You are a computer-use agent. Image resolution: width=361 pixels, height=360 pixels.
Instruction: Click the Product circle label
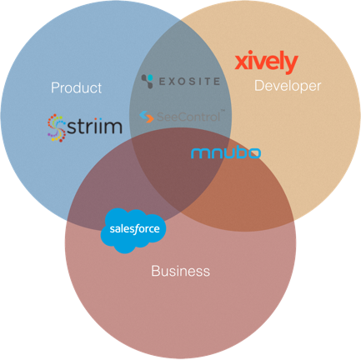[x=76, y=87]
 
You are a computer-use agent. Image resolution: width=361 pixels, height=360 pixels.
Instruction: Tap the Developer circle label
[x=288, y=86]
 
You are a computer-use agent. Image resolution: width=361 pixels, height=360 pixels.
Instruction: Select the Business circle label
[x=180, y=271]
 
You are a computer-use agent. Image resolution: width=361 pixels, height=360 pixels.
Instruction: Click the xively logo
[x=266, y=62]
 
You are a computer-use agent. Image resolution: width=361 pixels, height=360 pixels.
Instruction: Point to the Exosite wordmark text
[x=189, y=81]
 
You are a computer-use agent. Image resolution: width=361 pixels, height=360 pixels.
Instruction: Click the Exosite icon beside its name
[x=148, y=81]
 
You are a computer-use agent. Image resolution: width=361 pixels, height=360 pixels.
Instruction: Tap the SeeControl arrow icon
[x=147, y=117]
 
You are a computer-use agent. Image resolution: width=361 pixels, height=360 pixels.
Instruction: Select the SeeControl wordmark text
[x=189, y=117]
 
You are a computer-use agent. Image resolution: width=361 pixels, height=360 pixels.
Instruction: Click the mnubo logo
[x=226, y=153]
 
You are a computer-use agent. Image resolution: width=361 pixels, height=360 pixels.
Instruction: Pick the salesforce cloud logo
[x=133, y=230]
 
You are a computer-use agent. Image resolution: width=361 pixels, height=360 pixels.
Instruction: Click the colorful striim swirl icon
[x=57, y=127]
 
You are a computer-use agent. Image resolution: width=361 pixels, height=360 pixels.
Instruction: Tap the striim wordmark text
[x=94, y=127]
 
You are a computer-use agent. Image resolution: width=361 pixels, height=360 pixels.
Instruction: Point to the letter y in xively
[x=291, y=64]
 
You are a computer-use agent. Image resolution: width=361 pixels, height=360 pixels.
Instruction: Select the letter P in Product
[x=55, y=87]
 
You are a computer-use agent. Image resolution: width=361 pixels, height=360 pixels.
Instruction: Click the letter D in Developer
[x=259, y=85]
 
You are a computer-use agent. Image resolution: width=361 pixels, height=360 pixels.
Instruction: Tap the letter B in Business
[x=156, y=271]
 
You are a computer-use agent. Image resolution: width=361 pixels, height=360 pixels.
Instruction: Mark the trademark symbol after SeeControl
[x=223, y=111]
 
